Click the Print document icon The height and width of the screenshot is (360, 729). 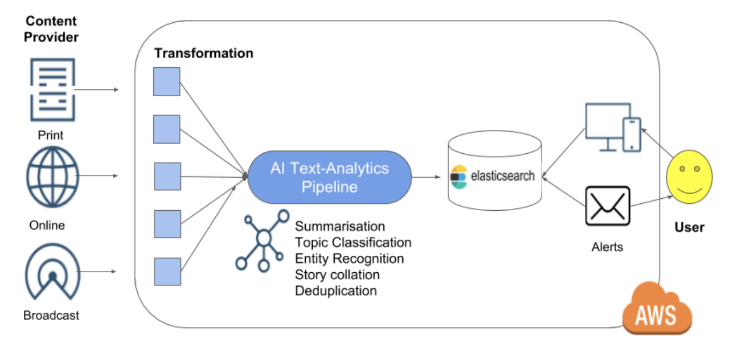pyautogui.click(x=53, y=89)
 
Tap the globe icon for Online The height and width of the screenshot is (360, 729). pyautogui.click(x=53, y=177)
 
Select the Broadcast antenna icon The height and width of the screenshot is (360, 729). pyautogui.click(x=52, y=272)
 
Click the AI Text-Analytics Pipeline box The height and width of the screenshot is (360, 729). pyautogui.click(x=330, y=177)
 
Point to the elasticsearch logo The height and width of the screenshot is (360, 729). pyautogui.click(x=492, y=177)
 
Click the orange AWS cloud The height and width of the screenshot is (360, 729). pyautogui.click(x=657, y=309)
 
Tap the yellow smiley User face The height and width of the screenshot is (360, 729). pyautogui.click(x=689, y=177)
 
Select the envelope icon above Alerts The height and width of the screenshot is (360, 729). pyautogui.click(x=608, y=206)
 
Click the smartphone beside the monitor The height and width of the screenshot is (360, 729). pyautogui.click(x=632, y=135)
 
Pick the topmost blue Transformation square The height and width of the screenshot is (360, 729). pyautogui.click(x=167, y=81)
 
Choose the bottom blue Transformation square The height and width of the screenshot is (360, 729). pyautogui.click(x=167, y=272)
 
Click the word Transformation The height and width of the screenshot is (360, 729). pyautogui.click(x=204, y=54)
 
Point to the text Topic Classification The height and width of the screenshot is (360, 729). pyautogui.click(x=353, y=243)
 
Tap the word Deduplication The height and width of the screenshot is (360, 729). pyautogui.click(x=336, y=291)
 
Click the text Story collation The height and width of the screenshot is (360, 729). pyautogui.click(x=337, y=275)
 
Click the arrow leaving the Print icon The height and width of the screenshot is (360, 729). pyautogui.click(x=97, y=89)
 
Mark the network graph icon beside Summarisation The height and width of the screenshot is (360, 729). pyautogui.click(x=263, y=240)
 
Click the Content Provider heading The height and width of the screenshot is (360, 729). pyautogui.click(x=51, y=29)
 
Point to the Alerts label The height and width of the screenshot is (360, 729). pyautogui.click(x=607, y=247)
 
